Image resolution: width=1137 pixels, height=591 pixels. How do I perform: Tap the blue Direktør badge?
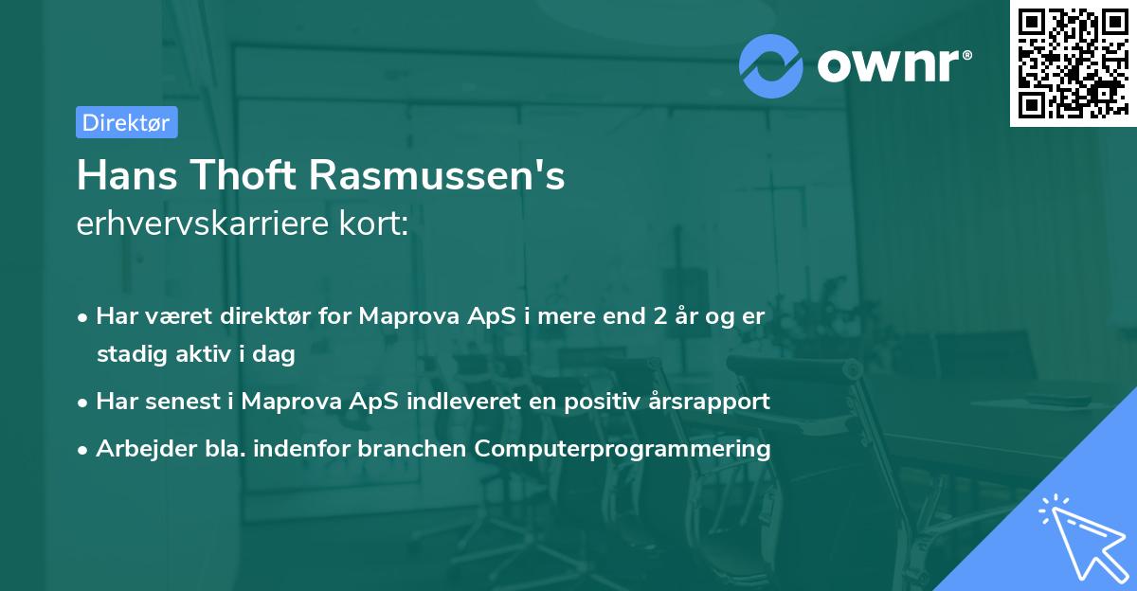[126, 122]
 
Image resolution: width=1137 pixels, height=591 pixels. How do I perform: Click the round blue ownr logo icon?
[769, 65]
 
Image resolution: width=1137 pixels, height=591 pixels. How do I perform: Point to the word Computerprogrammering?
[623, 448]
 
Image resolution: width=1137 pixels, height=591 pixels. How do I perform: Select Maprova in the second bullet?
[285, 401]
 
